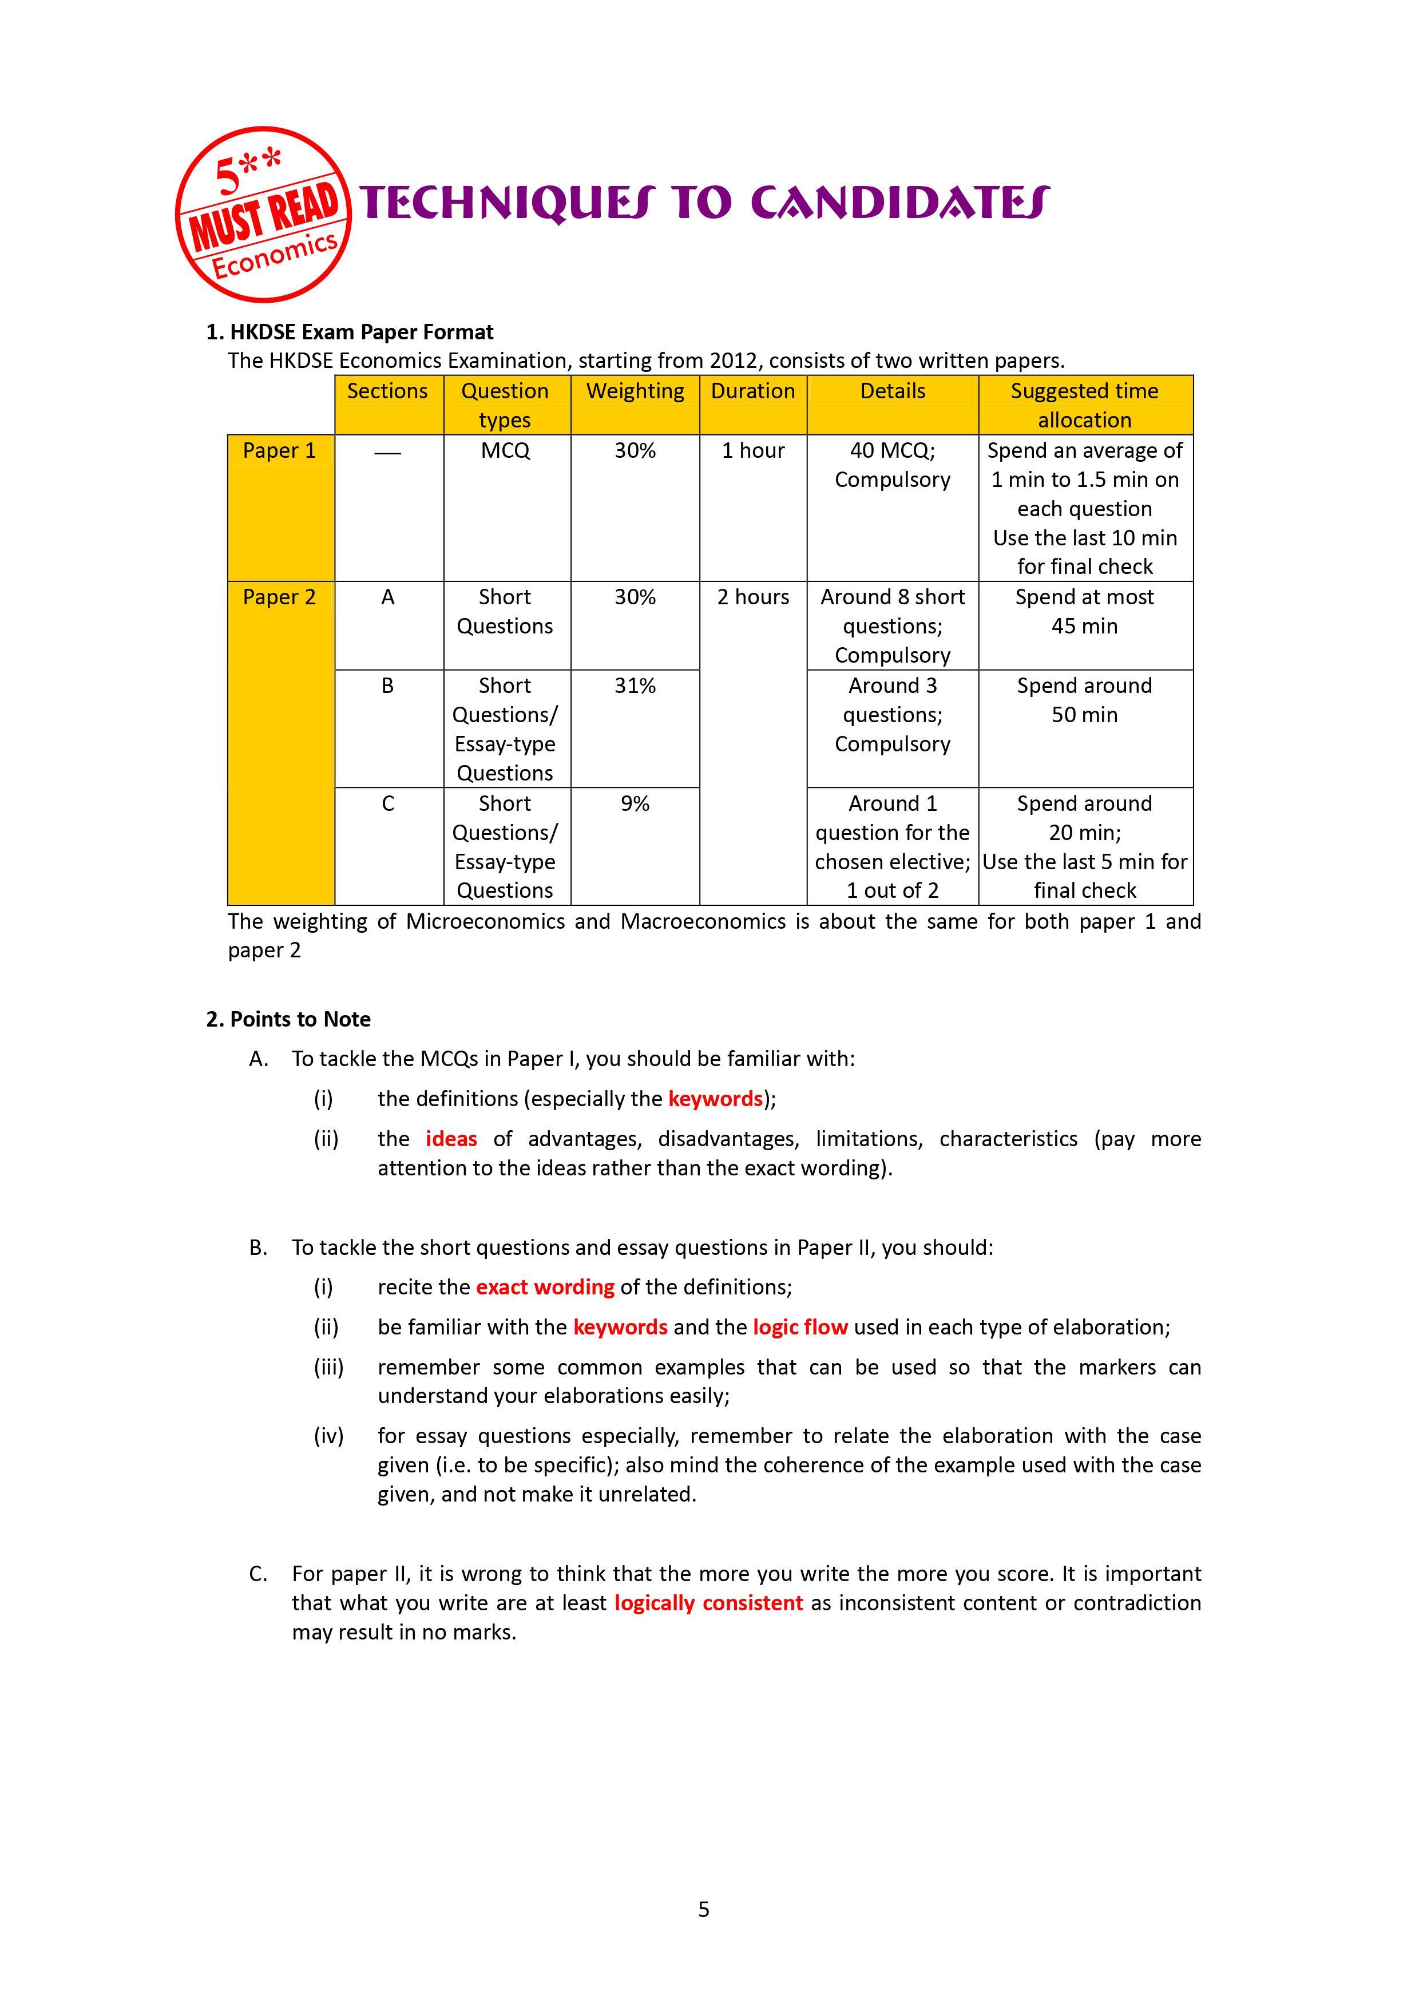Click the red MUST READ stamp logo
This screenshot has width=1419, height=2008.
click(x=263, y=215)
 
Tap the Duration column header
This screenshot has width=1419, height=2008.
click(x=753, y=392)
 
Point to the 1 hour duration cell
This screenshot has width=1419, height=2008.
click(x=753, y=451)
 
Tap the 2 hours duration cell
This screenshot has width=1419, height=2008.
click(x=753, y=597)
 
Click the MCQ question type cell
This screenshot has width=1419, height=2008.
click(x=505, y=451)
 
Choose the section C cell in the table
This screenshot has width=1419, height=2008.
click(x=388, y=804)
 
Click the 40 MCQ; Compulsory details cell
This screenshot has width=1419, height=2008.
click(x=892, y=465)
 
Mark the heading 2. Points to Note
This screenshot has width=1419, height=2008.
click(x=288, y=1020)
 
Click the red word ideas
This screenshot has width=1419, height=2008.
click(x=451, y=1139)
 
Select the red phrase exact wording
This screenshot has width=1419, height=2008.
click(x=545, y=1288)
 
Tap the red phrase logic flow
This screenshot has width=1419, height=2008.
click(x=800, y=1328)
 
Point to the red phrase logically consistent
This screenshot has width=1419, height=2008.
click(x=708, y=1603)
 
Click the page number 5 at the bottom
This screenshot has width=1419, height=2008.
click(x=704, y=1910)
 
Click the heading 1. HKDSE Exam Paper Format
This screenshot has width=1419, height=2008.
click(x=350, y=332)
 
